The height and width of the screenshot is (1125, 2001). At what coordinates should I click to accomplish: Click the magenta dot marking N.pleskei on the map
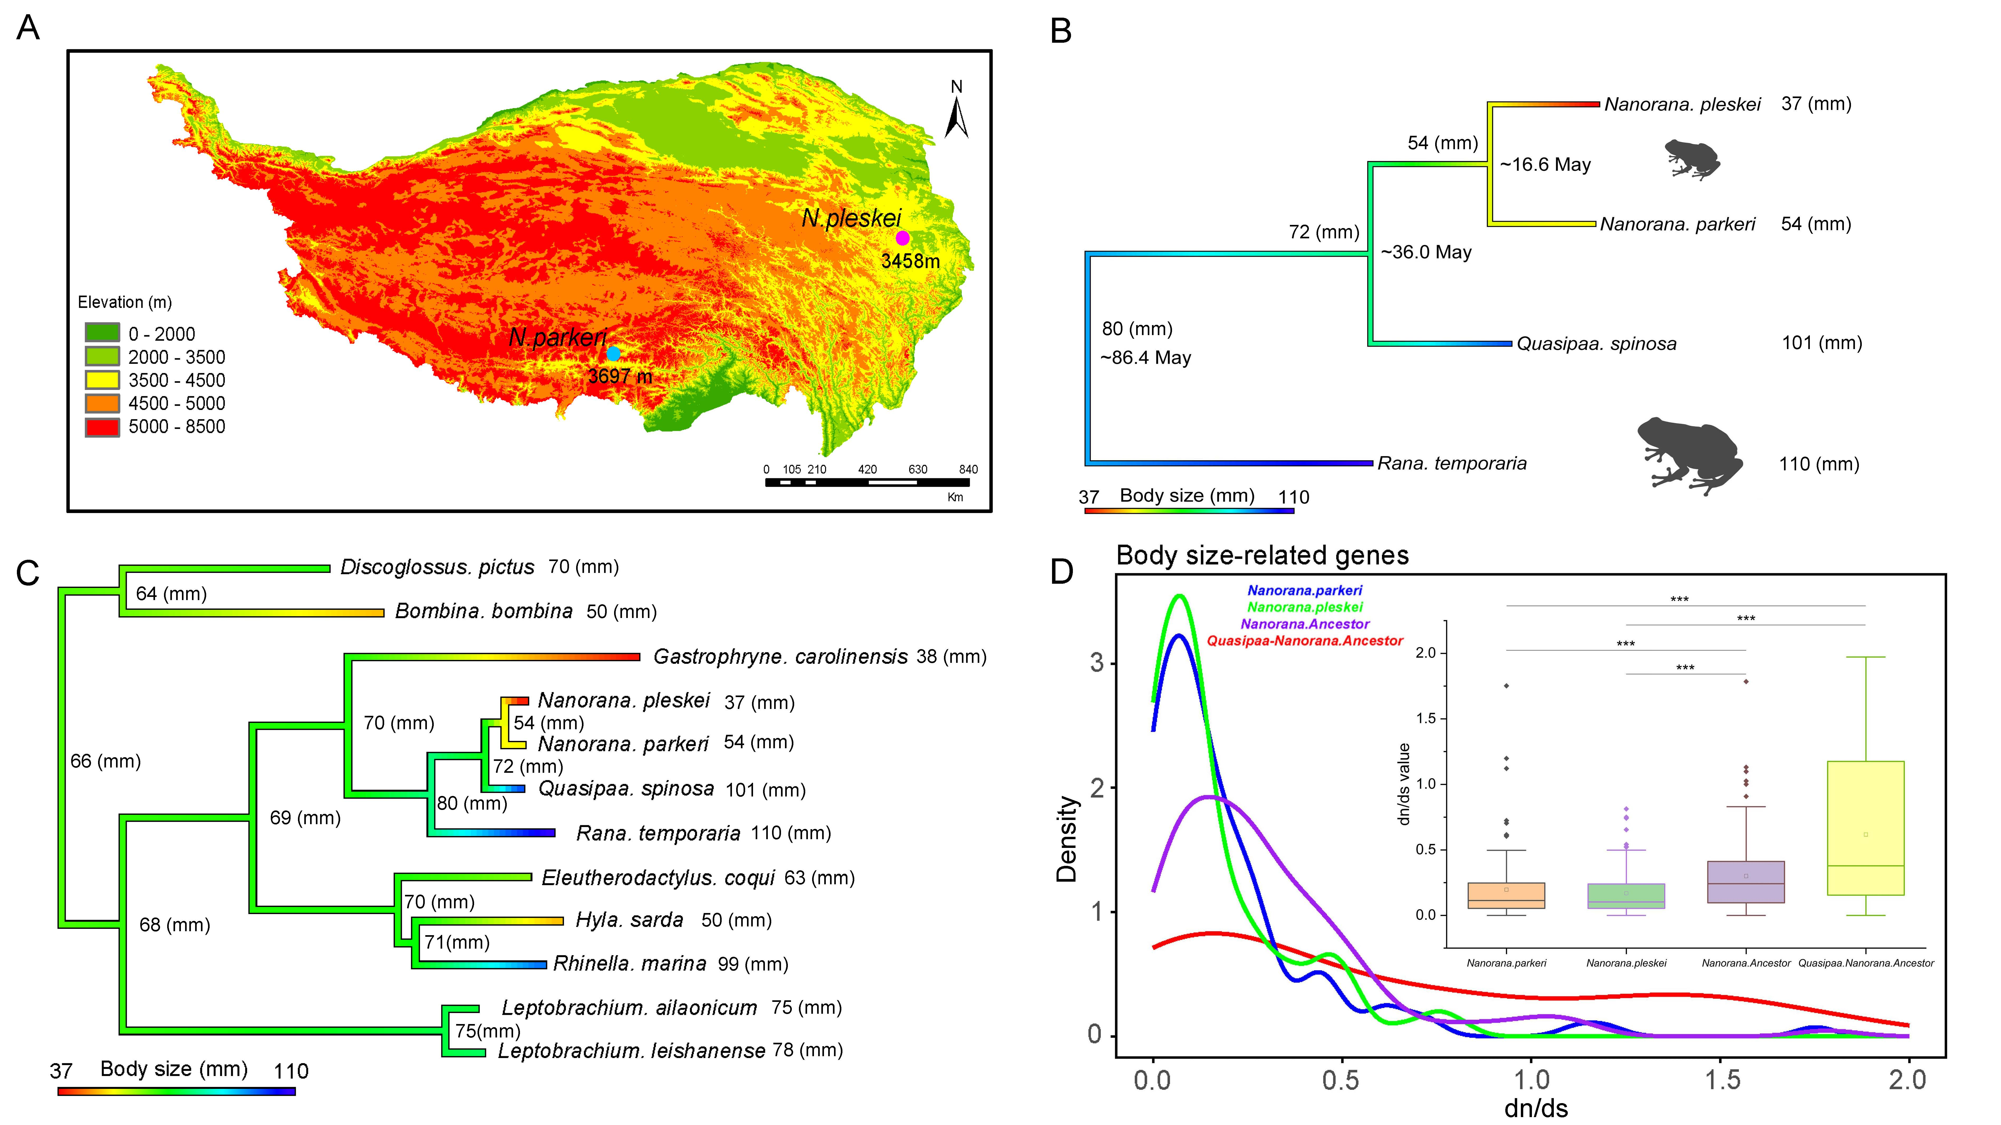[x=902, y=238]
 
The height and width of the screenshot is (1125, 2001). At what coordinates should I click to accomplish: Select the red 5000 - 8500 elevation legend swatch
[x=102, y=427]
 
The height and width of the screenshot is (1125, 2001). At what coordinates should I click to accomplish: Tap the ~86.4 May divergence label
[x=1145, y=358]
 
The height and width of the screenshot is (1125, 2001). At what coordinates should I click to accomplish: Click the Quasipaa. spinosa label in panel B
[x=1596, y=343]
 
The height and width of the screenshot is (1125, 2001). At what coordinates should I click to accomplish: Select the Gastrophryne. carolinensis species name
[x=780, y=656]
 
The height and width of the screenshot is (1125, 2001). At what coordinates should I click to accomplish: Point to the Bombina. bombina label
[x=483, y=611]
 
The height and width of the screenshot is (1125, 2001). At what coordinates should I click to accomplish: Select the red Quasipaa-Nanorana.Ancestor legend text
[x=1304, y=641]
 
